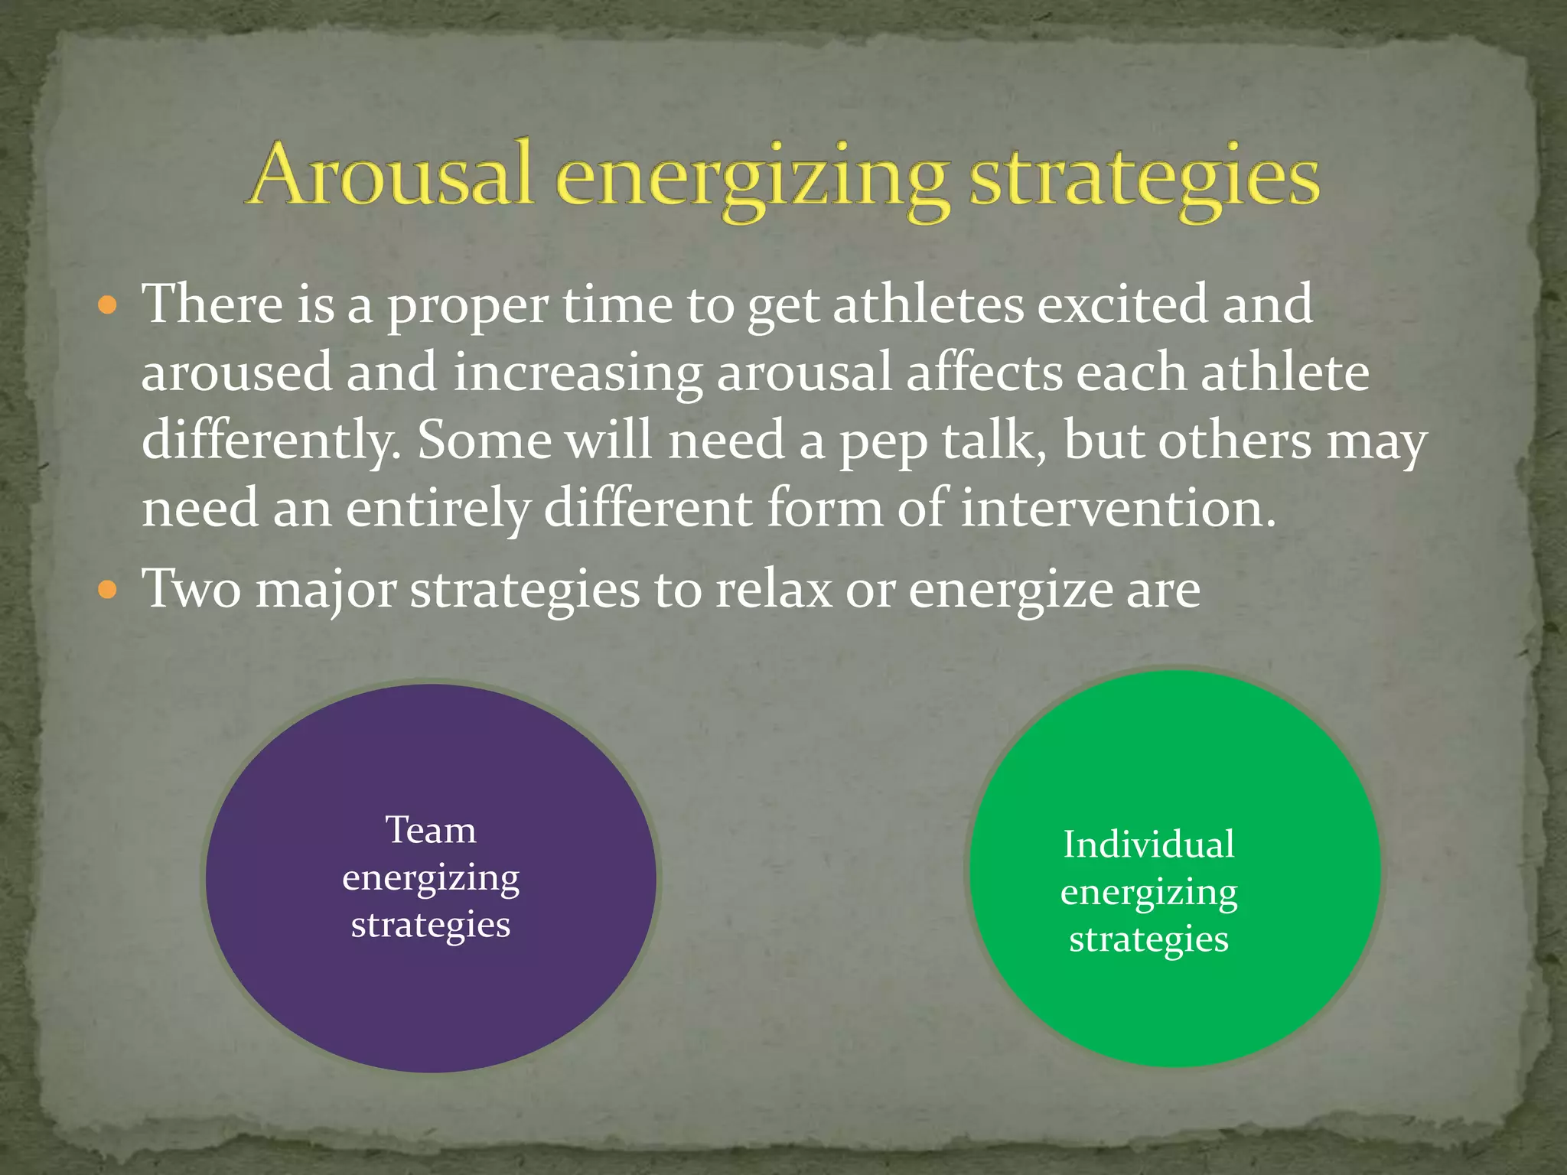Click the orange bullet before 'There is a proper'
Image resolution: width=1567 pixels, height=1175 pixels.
108,307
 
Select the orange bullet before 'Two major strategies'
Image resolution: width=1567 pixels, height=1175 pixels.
108,591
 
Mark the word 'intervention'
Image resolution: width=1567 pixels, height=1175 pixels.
1118,509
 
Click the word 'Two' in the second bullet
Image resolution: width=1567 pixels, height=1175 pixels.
191,590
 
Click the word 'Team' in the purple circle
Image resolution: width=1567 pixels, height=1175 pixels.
431,831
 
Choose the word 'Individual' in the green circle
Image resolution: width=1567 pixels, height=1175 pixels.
1148,845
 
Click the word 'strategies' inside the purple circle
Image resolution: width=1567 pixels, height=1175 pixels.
431,926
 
